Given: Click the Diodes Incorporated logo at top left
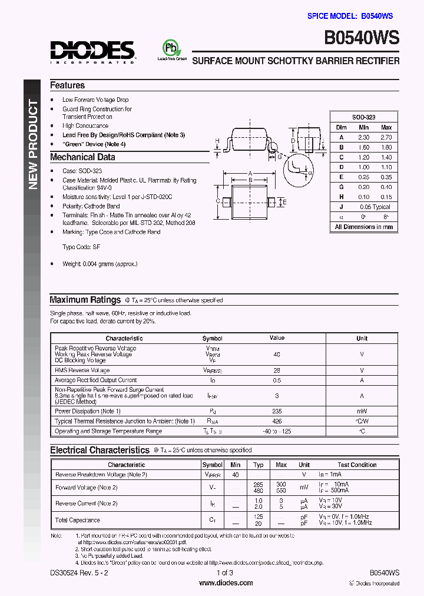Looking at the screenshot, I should pos(92,52).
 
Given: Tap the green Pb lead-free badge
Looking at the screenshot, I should pos(171,48).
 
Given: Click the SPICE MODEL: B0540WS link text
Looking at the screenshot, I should pos(350,16).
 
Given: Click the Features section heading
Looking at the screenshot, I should pos(67,85).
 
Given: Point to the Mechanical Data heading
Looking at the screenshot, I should pos(82,157).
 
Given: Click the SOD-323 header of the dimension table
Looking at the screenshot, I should pos(363,117).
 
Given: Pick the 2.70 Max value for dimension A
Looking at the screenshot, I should pos(386,137).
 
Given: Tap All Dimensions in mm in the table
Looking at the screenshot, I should pos(363,227).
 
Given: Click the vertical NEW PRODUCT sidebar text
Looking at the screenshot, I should pos(33,145).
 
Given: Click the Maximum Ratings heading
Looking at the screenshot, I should pos(85,300).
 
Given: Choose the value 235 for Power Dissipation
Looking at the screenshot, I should pos(277,411).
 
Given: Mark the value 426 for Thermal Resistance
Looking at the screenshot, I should pos(277,421).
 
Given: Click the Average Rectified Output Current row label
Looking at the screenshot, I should pos(95,380).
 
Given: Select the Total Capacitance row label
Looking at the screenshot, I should pos(77,520).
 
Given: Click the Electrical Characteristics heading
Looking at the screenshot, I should pos(100,450).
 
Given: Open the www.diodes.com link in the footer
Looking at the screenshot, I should pos(226,582).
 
